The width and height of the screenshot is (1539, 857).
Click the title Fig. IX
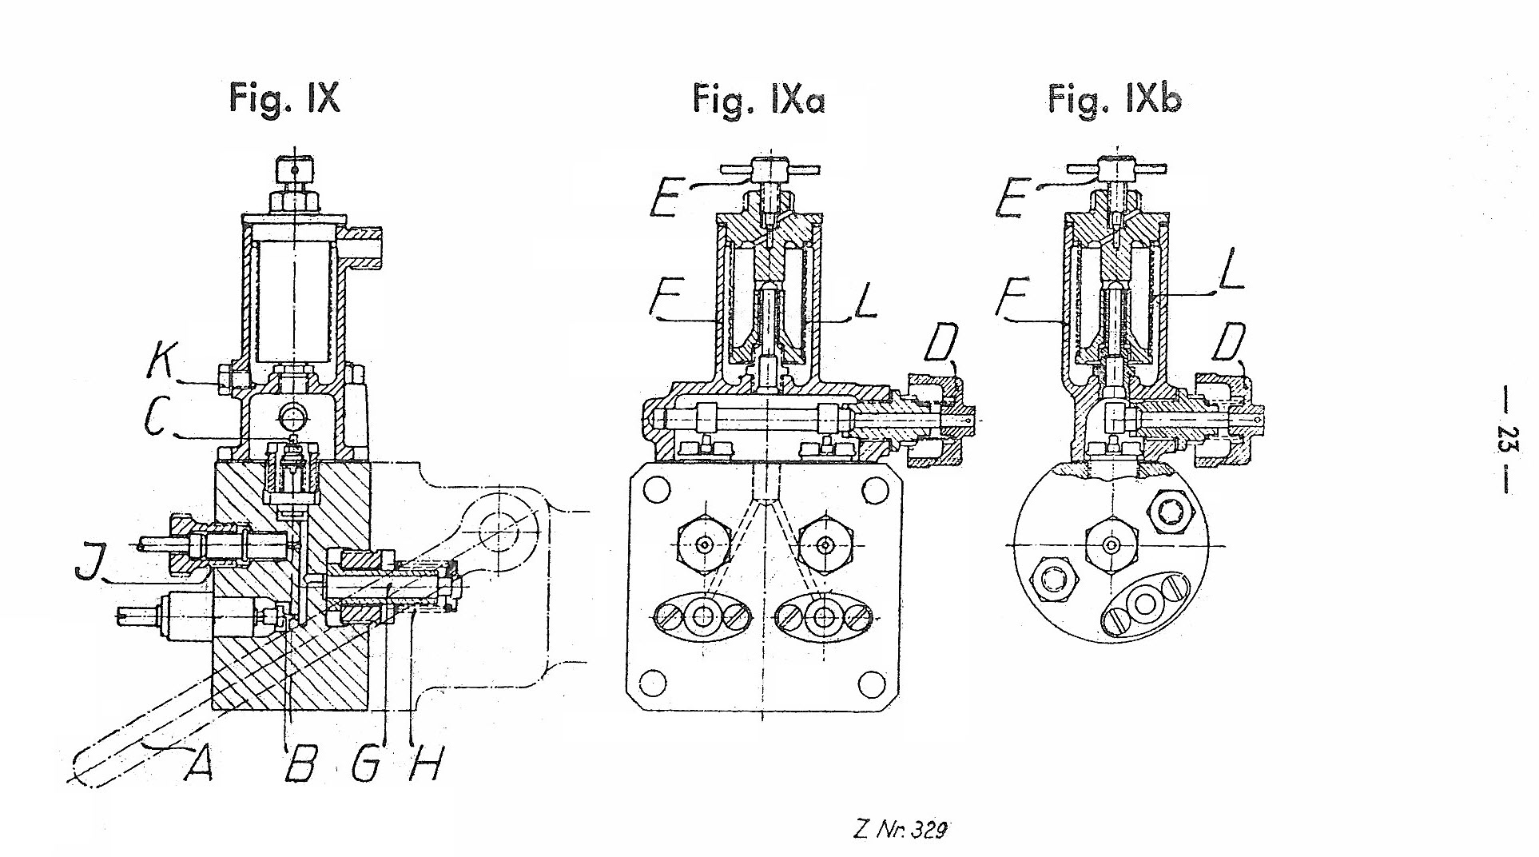284,99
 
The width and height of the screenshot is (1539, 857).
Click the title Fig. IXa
758,101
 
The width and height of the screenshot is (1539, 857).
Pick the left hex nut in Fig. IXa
704,544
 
